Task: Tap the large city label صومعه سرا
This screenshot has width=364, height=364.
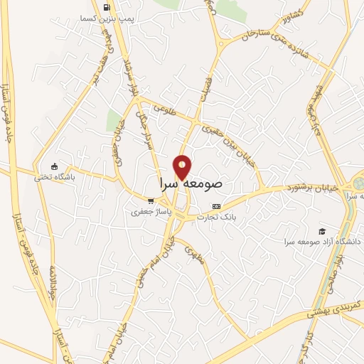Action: pos(191,183)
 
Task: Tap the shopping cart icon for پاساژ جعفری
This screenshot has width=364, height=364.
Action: pos(149,200)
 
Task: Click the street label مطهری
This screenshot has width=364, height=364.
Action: pos(195,255)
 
